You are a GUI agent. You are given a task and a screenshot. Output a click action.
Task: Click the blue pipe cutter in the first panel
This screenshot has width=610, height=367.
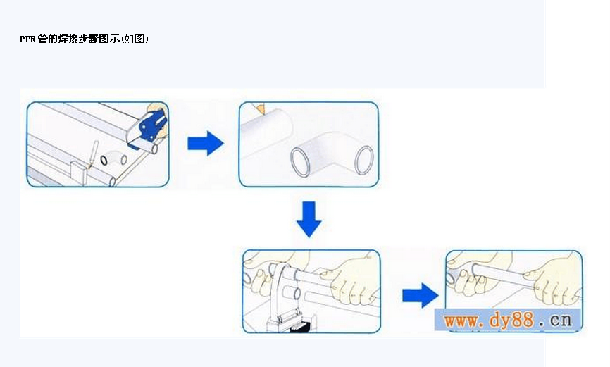150,125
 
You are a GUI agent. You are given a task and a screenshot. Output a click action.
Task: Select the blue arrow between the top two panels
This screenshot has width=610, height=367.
205,144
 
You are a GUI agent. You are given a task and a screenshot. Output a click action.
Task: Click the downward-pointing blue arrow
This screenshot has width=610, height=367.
309,218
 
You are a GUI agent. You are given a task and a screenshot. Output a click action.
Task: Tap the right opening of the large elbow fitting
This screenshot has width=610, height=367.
364,161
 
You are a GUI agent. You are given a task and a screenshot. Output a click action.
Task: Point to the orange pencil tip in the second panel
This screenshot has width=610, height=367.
261,107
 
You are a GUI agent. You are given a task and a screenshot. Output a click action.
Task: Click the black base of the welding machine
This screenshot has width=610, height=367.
292,325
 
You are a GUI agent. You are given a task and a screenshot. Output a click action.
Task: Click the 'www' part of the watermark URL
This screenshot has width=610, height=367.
462,321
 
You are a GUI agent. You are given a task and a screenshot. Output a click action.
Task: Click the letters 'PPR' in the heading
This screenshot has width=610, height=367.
27,39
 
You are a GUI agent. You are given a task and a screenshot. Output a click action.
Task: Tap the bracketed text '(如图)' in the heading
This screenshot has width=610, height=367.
135,39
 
